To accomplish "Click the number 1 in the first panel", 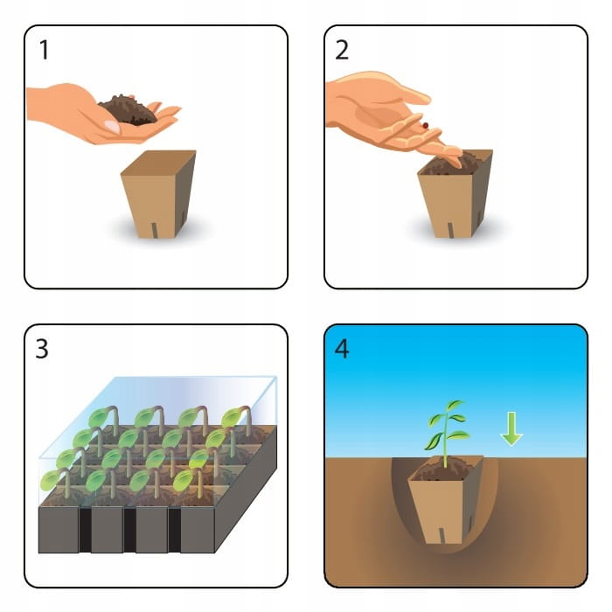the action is point(44,50).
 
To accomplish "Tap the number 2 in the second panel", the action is point(342,50).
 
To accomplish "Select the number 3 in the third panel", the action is point(42,349).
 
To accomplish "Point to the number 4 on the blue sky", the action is point(342,349).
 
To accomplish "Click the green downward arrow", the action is point(511,428).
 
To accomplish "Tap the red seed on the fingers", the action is point(425,125).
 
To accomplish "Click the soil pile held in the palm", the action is point(128,109).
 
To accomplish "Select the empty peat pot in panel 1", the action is point(158,194).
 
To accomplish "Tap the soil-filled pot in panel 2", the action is point(456,194).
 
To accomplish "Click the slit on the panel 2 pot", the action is point(451,230).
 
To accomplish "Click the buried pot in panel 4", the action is point(446,499).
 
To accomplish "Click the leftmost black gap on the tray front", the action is point(85,530).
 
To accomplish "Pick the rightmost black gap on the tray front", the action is point(174,530).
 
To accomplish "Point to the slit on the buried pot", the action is point(442,535).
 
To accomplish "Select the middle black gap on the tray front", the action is point(129,530).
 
